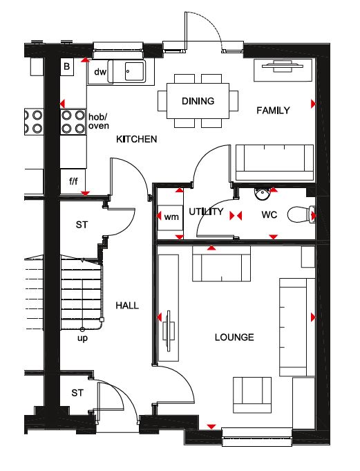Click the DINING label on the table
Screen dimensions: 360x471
[x=198, y=101]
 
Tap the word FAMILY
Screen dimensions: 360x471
[x=273, y=111]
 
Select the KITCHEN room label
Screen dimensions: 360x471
[x=137, y=139]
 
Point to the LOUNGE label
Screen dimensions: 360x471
[x=234, y=337]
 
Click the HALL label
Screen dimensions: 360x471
[x=127, y=306]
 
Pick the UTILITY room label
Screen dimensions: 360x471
[x=206, y=212]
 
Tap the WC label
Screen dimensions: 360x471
[x=269, y=215]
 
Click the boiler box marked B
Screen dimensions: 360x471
[x=67, y=66]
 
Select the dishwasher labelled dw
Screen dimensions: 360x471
[x=100, y=72]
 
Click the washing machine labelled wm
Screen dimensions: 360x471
[x=171, y=217]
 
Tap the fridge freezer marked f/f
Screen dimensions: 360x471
[x=73, y=181]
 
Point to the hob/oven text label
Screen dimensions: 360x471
[x=98, y=121]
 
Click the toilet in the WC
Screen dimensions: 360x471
[x=301, y=215]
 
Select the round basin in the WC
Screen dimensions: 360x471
[x=263, y=194]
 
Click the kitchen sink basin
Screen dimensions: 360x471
[x=134, y=71]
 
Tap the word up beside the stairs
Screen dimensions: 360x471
[x=82, y=338]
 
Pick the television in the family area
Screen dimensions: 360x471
[x=278, y=66]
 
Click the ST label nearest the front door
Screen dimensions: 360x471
[x=77, y=393]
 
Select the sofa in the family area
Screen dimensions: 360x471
[x=274, y=163]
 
